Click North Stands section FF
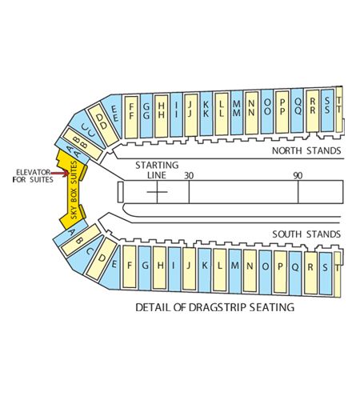pyautogui.click(x=131, y=117)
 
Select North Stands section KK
pyautogui.click(x=206, y=114)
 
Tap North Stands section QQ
pyautogui.click(x=297, y=110)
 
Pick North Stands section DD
pyautogui.click(x=103, y=125)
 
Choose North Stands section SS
pyautogui.click(x=327, y=110)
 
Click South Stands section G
pyautogui.click(x=145, y=268)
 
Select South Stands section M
pyautogui.click(x=235, y=271)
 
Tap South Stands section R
pyautogui.click(x=310, y=273)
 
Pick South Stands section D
pyautogui.click(x=102, y=258)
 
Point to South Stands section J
pyautogui.click(x=190, y=269)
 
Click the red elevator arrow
pyautogui.click(x=60, y=174)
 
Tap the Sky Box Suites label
pyautogui.click(x=74, y=190)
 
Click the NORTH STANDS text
pyautogui.click(x=306, y=150)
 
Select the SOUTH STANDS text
pyautogui.click(x=306, y=234)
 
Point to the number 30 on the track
pyautogui.click(x=189, y=176)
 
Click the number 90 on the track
pyautogui.click(x=298, y=176)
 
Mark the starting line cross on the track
pyautogui.click(x=157, y=192)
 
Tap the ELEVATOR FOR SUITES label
pyautogui.click(x=33, y=176)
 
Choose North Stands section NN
pyautogui.click(x=251, y=112)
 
